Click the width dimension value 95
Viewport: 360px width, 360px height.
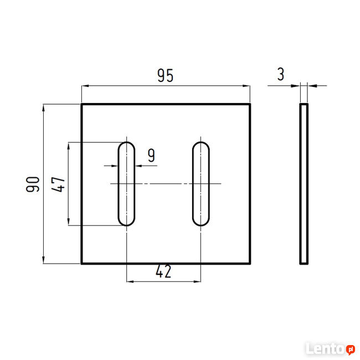tap(164, 76)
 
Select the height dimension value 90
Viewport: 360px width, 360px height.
tap(33, 184)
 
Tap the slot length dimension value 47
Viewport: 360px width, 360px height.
tap(59, 184)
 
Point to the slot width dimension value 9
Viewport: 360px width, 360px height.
tap(151, 156)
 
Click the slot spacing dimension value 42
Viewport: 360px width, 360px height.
tap(163, 271)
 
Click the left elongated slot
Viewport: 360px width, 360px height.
tap(126, 184)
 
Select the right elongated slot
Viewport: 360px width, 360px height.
tap(202, 184)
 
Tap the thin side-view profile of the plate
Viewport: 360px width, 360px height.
tap(304, 184)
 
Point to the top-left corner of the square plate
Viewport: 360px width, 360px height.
tap(82, 104)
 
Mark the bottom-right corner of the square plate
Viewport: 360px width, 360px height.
tap(250, 264)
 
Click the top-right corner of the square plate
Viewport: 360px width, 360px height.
tap(250, 104)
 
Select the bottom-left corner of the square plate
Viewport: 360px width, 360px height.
tap(82, 264)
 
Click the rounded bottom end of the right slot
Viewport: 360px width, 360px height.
tap(202, 222)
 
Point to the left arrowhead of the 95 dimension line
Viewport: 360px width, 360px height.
tap(85, 86)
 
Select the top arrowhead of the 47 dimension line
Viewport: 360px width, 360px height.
tap(69, 146)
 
